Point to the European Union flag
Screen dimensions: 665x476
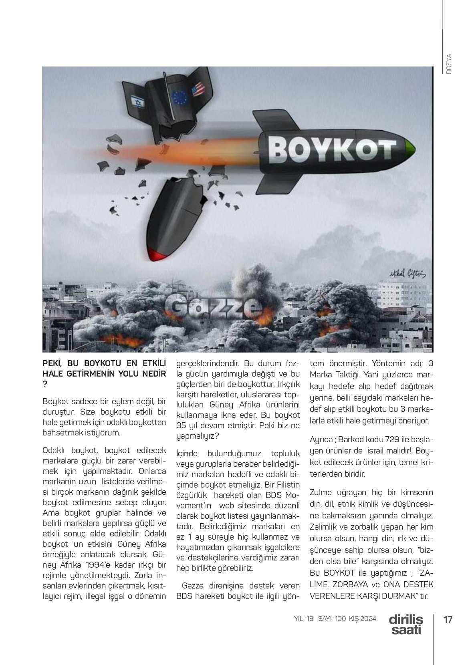click(x=180, y=97)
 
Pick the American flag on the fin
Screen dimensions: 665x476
click(x=198, y=89)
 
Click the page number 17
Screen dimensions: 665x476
click(x=448, y=619)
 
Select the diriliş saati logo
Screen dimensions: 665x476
click(x=405, y=624)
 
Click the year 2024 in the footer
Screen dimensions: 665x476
click(x=367, y=619)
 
